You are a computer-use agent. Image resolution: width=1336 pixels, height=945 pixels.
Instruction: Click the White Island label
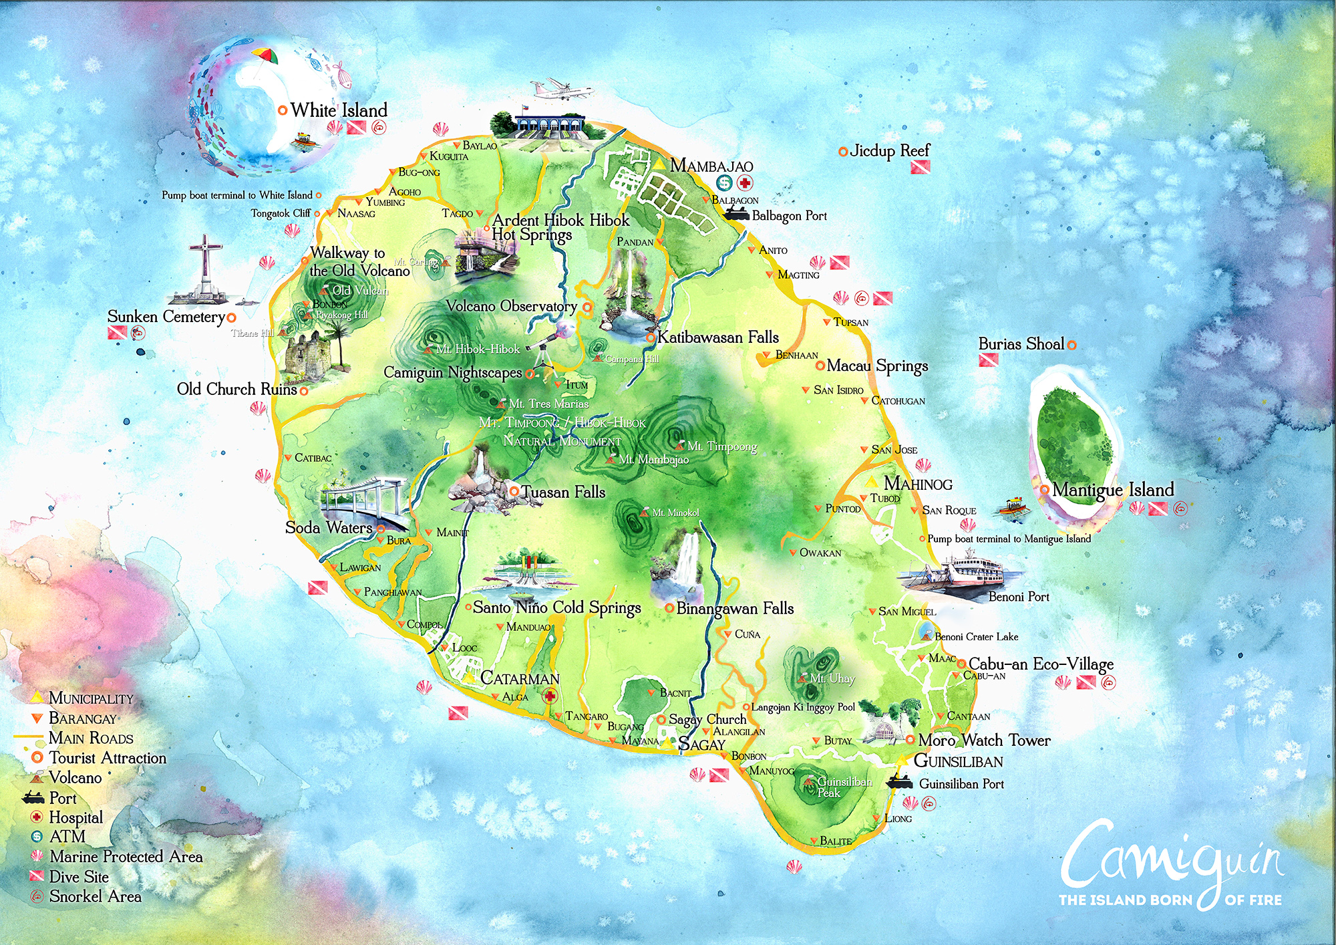(x=339, y=110)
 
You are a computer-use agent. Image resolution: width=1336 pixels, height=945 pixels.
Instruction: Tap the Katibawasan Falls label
(x=718, y=337)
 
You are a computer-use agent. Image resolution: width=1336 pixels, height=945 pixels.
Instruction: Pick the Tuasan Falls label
(x=562, y=493)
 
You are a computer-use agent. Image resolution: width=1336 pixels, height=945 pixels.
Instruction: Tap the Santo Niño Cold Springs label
(x=556, y=607)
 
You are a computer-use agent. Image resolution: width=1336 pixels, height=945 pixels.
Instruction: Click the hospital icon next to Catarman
(x=550, y=697)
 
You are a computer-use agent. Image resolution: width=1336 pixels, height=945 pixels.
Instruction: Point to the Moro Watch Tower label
(x=983, y=740)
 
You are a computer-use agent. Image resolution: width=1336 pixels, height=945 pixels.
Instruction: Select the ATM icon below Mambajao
(x=724, y=182)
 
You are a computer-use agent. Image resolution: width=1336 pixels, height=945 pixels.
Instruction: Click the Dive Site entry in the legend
(x=78, y=877)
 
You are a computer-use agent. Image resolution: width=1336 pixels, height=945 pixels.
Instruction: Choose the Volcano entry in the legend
(x=75, y=778)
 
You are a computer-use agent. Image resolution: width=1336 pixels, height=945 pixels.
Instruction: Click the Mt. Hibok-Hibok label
(x=477, y=350)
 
